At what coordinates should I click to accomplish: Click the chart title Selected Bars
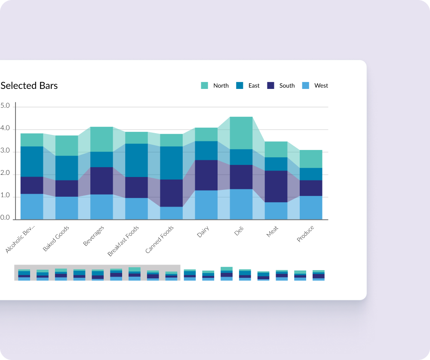point(29,85)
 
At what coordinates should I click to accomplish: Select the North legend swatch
point(204,85)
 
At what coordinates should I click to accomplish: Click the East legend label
point(254,85)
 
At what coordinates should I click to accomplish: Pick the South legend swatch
point(270,85)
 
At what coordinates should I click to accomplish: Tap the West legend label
point(321,85)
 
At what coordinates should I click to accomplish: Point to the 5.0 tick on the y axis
point(5,106)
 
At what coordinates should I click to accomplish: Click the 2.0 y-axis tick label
point(5,173)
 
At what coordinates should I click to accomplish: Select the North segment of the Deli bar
point(241,133)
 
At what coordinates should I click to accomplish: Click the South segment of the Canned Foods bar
point(172,193)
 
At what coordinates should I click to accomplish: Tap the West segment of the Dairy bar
point(206,205)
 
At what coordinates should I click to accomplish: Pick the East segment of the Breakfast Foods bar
point(137,160)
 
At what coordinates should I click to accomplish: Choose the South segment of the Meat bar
point(276,186)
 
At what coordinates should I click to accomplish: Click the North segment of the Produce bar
point(311,159)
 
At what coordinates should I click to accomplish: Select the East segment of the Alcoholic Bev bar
point(32,162)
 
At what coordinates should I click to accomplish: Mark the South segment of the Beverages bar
point(102,181)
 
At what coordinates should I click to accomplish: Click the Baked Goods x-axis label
point(56,238)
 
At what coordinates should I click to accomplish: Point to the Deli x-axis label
point(239,231)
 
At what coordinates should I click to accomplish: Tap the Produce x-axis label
point(305,234)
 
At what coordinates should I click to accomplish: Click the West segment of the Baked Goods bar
point(67,208)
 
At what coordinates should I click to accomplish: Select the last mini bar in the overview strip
point(318,275)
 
